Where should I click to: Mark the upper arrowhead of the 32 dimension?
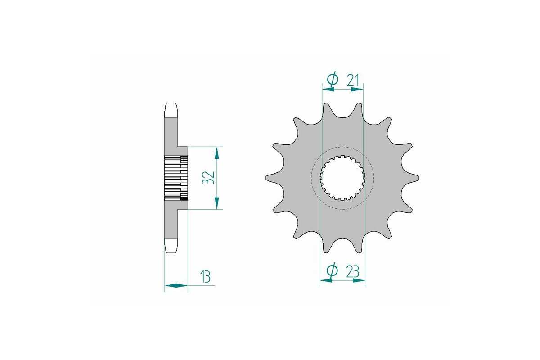pos(217,153)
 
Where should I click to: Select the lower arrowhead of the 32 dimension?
pos(217,203)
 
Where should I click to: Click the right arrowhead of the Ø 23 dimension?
pos(359,280)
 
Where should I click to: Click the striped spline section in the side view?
pos(175,178)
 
